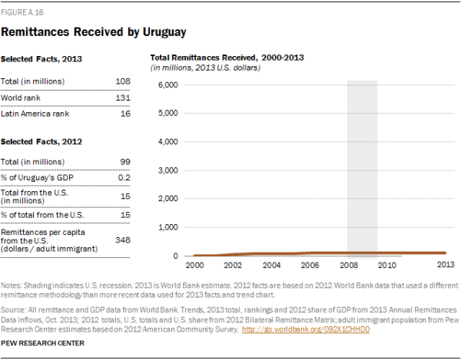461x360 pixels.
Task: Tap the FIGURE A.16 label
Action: coord(21,12)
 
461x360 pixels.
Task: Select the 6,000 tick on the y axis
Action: coord(168,84)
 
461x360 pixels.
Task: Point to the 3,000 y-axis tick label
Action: coord(168,170)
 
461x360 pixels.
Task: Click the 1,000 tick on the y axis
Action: coord(168,228)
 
